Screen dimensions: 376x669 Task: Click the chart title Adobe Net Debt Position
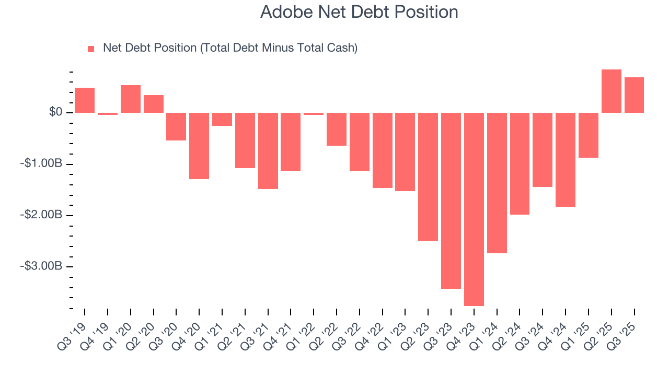(x=359, y=12)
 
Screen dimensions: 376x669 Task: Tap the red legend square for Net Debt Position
(x=91, y=49)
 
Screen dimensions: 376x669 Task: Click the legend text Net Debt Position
(x=230, y=48)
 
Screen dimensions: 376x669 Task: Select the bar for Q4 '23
(x=474, y=209)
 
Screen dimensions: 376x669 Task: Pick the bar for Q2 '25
(x=611, y=91)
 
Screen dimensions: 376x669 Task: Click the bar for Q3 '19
(x=85, y=100)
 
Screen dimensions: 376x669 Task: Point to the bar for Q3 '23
(x=451, y=201)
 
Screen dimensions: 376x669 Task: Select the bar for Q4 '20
(x=199, y=146)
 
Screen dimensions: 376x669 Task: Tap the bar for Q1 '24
(x=497, y=183)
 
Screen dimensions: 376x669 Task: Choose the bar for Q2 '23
(x=428, y=177)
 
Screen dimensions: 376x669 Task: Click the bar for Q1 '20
(x=131, y=99)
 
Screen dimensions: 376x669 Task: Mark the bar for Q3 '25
(x=634, y=95)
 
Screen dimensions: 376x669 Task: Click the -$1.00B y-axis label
(x=41, y=164)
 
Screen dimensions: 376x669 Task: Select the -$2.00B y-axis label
(x=41, y=215)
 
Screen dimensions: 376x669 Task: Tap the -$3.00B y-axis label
(x=41, y=266)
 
